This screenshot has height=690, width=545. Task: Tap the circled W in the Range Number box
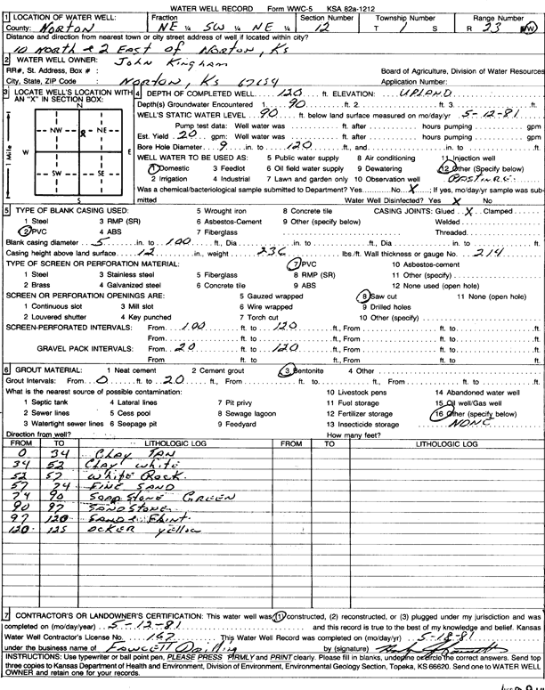(x=532, y=27)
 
